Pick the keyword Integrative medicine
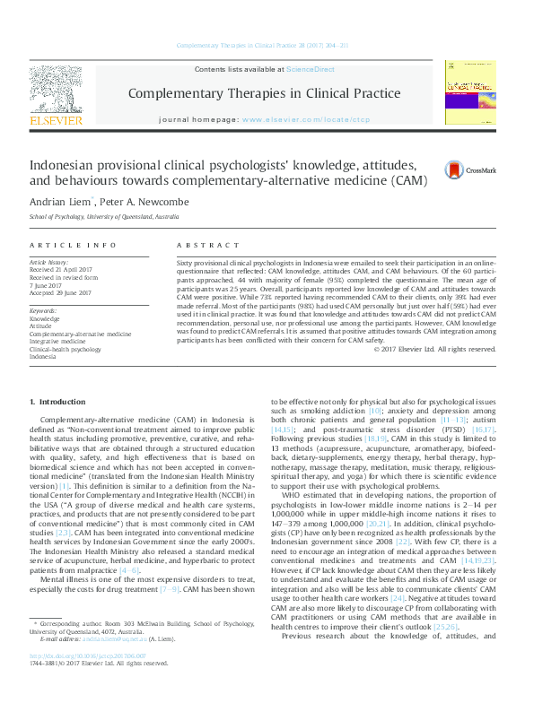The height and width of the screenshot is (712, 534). pos(63,341)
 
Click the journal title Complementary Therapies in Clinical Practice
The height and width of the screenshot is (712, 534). pos(264,93)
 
